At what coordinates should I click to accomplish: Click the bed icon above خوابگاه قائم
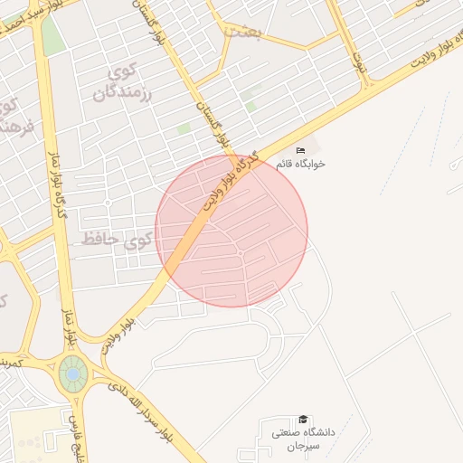tap(301, 150)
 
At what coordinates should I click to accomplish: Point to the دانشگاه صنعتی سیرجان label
tap(304, 439)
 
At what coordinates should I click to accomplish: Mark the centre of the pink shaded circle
tap(231, 231)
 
